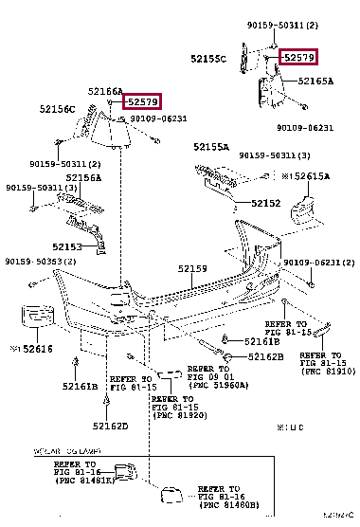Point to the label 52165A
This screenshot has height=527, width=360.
point(317,82)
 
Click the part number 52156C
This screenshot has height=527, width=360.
point(58,109)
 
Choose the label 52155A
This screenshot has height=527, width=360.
point(211,148)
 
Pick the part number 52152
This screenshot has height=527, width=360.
point(266,204)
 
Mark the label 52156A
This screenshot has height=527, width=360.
point(83,177)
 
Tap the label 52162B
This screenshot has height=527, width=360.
point(266,356)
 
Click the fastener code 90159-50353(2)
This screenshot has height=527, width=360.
point(39,262)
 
